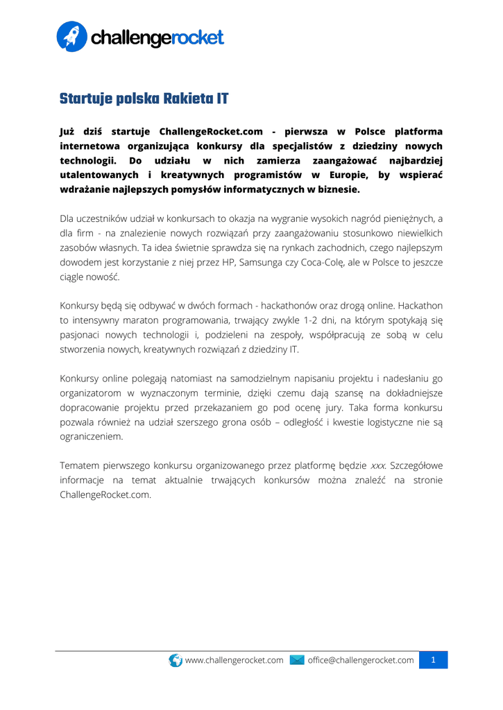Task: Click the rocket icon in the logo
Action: [71, 36]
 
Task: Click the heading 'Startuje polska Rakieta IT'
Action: [144, 98]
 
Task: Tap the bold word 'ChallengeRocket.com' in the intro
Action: [211, 131]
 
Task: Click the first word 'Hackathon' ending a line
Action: [420, 305]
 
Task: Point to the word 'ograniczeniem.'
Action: [92, 437]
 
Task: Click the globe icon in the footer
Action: [176, 660]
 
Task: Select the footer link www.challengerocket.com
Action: [235, 660]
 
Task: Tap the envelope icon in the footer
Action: [297, 660]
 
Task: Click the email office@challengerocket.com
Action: [361, 660]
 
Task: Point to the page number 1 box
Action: [434, 660]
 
